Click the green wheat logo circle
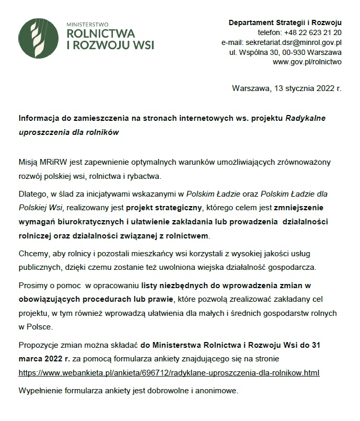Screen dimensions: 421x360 38,38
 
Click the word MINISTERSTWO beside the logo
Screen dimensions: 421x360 87,24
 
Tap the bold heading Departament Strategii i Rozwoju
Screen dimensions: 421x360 285,23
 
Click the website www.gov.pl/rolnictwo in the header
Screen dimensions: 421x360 307,62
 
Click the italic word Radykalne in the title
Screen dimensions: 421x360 306,118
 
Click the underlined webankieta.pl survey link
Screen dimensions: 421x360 169,373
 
